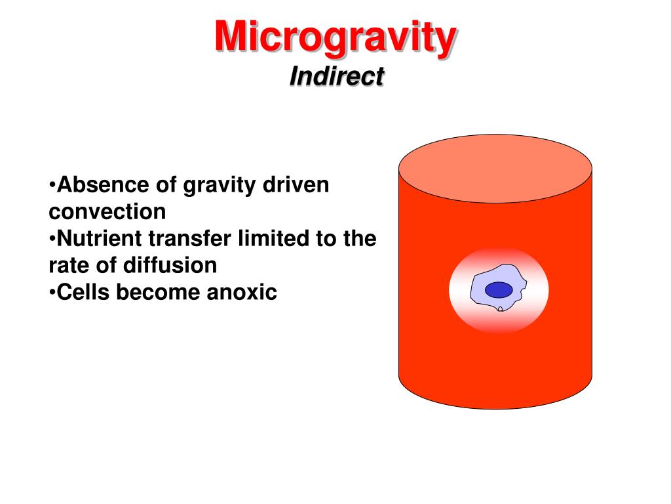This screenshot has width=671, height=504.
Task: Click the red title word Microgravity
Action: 335,37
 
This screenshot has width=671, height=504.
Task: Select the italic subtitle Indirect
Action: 336,76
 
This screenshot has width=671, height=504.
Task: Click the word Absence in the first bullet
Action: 103,185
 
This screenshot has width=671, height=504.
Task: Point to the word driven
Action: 296,185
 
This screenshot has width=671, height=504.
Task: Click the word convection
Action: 107,212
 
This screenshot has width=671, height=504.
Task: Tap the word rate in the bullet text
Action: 69,266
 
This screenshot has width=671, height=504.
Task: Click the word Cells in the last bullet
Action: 83,293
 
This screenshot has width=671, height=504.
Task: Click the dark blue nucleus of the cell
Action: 499,289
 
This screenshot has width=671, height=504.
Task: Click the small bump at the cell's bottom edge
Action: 500,308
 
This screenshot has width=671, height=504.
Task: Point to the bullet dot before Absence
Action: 52,185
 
